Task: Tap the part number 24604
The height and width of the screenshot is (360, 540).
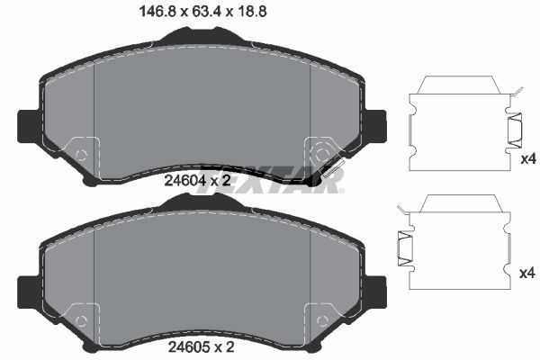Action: pyautogui.click(x=184, y=181)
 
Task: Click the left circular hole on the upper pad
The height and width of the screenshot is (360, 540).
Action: pyautogui.click(x=81, y=154)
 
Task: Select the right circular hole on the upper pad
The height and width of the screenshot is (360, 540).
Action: pyautogui.click(x=322, y=154)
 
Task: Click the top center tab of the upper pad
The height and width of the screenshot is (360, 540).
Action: pyautogui.click(x=202, y=37)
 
